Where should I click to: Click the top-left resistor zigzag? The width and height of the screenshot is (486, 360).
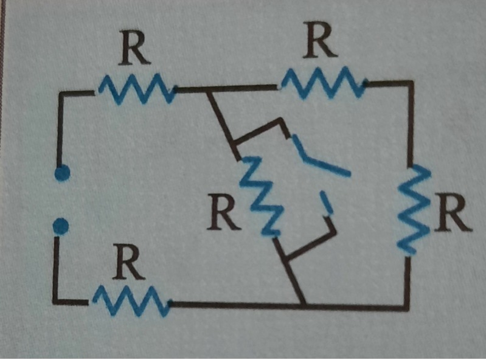coord(135,89)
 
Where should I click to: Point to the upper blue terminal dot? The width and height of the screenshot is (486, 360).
coord(61,174)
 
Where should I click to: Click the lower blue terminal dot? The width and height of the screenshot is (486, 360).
coord(60,227)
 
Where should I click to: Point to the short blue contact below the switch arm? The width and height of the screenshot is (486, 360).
coord(327,202)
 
